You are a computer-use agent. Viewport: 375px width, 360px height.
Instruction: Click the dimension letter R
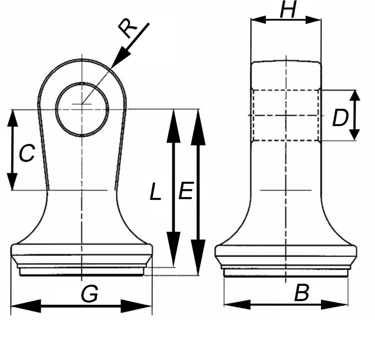128,29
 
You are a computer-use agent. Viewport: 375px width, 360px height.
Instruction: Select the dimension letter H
289,10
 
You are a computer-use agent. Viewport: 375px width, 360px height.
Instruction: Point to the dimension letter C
27,153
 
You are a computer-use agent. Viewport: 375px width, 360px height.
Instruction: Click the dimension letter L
155,192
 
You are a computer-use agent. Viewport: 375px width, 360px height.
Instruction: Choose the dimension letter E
186,191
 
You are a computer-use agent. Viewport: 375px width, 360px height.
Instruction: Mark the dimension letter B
301,293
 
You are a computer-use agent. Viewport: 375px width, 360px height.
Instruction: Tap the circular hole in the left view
82,109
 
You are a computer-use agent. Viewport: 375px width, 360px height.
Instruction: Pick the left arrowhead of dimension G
25,306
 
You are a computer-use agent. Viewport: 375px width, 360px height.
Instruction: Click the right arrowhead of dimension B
335,304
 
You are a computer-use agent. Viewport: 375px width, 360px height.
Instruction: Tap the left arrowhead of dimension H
258,20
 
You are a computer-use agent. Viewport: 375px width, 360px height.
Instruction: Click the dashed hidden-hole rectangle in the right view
286,115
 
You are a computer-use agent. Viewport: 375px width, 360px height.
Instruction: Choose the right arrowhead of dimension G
136,306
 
